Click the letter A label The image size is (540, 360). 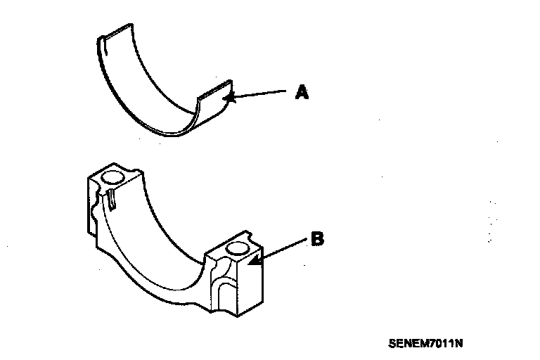pyautogui.click(x=302, y=92)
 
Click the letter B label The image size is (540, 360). pyautogui.click(x=317, y=240)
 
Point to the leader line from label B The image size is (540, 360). pyautogui.click(x=281, y=250)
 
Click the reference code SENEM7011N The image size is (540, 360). pyautogui.click(x=425, y=344)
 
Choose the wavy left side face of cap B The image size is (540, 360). pyautogui.click(x=92, y=211)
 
